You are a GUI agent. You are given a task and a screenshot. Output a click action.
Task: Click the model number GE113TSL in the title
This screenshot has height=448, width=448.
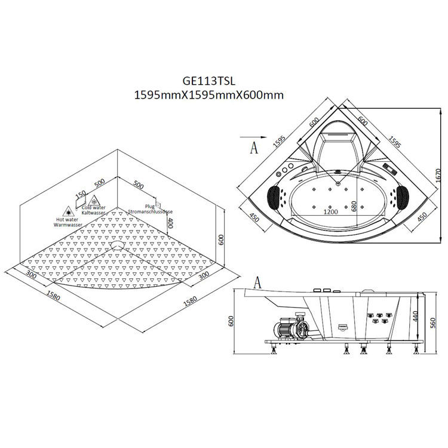click(x=209, y=81)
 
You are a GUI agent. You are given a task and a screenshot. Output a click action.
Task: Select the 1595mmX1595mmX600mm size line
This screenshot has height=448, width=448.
click(x=209, y=95)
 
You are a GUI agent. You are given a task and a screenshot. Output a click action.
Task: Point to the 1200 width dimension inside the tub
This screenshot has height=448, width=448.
click(x=330, y=211)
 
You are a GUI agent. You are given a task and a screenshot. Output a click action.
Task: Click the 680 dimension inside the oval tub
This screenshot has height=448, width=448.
click(x=354, y=206)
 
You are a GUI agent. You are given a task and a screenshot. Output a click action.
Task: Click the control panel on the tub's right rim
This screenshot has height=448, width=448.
click(x=389, y=169)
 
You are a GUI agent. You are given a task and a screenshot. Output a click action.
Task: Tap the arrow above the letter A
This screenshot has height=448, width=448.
click(x=253, y=137)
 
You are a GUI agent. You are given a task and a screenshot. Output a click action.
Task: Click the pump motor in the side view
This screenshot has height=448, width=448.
click(x=289, y=327)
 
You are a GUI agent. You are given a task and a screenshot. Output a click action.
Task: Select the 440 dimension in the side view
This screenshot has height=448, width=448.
click(x=415, y=316)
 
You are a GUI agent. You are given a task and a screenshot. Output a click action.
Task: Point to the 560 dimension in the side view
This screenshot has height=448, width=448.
click(x=432, y=323)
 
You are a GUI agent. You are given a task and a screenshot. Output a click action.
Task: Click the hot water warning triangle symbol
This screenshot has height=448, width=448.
click(x=68, y=211)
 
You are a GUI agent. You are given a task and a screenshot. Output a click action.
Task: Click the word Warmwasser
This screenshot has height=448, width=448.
click(x=68, y=225)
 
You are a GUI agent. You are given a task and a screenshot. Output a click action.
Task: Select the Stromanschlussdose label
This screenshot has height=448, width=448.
click(x=151, y=211)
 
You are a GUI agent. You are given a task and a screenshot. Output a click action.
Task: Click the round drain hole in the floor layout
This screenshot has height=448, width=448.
click(x=118, y=245)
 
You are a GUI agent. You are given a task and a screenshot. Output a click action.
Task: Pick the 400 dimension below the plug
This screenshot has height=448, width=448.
click(x=170, y=223)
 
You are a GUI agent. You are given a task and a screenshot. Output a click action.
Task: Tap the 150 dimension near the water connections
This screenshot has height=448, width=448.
click(x=81, y=195)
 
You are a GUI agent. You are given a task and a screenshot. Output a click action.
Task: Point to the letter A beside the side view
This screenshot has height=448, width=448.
click(x=257, y=283)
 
